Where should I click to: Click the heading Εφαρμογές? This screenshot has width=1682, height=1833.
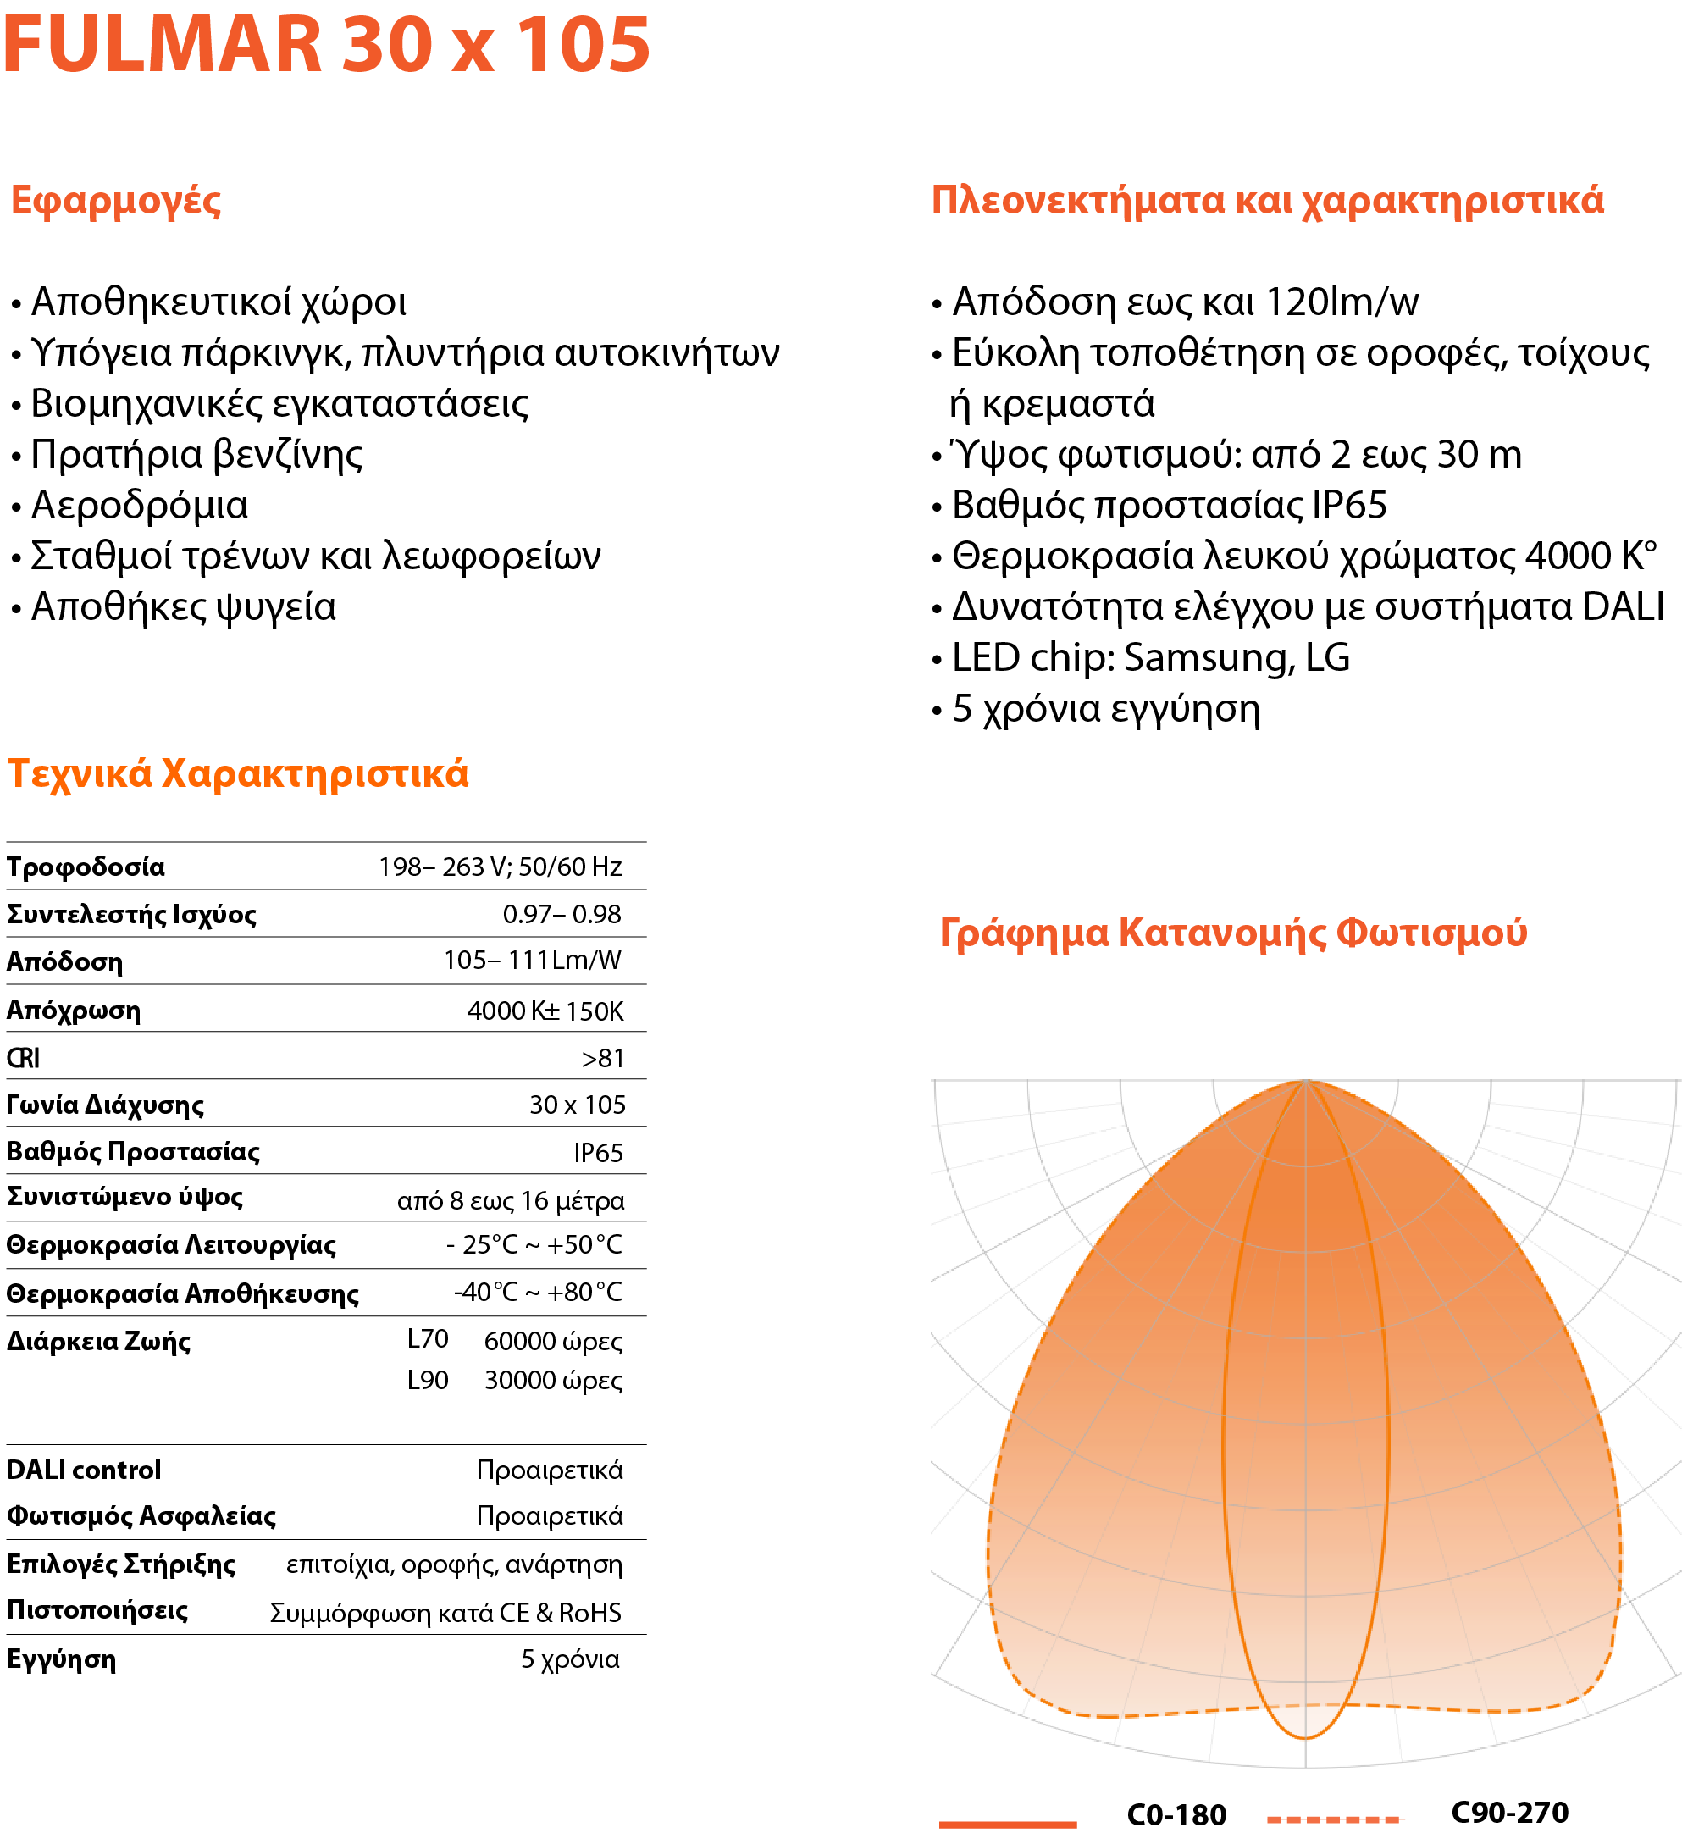pyautogui.click(x=115, y=200)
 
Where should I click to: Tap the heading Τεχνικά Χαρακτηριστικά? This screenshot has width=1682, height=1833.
pyautogui.click(x=237, y=773)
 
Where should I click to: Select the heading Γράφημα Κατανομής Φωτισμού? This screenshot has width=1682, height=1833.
pyautogui.click(x=1232, y=933)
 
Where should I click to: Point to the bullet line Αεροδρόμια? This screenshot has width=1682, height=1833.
pyautogui.click(x=139, y=505)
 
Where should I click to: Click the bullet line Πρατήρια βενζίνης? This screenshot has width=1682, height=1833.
pyautogui.click(x=196, y=454)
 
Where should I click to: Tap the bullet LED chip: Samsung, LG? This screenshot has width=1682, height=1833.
pyautogui.click(x=1150, y=658)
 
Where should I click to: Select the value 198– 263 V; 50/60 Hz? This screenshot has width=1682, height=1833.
pyautogui.click(x=500, y=867)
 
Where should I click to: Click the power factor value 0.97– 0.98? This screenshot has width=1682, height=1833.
pyautogui.click(x=562, y=914)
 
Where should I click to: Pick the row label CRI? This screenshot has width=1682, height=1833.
pyautogui.click(x=23, y=1058)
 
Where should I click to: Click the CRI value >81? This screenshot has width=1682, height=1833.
pyautogui.click(x=602, y=1059)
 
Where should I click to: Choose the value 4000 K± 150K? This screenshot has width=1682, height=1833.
pyautogui.click(x=545, y=1011)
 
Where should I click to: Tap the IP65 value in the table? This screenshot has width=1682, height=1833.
pyautogui.click(x=598, y=1153)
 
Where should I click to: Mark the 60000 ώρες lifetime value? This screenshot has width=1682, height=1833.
pyautogui.click(x=552, y=1342)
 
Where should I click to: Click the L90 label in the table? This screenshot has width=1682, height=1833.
pyautogui.click(x=427, y=1381)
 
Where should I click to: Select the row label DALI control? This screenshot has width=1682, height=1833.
pyautogui.click(x=84, y=1470)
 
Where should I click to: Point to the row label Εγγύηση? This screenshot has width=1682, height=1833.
pyautogui.click(x=61, y=1659)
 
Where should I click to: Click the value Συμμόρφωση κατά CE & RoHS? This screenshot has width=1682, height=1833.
pyautogui.click(x=445, y=1613)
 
